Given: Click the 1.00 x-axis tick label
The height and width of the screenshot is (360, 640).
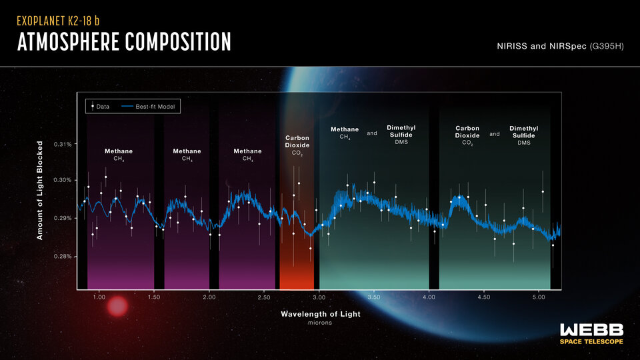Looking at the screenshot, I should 99,297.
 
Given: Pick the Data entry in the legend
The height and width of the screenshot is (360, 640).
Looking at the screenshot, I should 100,106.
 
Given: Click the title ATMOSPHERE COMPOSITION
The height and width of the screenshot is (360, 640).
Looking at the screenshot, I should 124,42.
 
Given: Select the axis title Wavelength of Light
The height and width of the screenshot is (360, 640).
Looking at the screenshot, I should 321,313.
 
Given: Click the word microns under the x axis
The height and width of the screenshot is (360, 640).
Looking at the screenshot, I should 320,323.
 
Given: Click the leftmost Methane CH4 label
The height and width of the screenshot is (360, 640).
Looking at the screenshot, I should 119,154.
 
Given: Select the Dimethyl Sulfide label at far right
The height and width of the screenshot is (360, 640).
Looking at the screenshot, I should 523,135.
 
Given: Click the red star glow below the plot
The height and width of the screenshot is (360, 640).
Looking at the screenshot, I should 117,306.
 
